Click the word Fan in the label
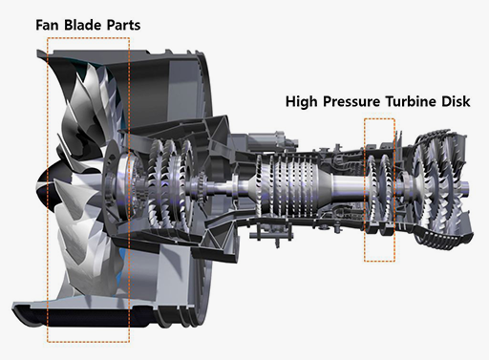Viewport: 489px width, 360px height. [x=47, y=25]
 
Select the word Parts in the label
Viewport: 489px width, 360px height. [x=123, y=25]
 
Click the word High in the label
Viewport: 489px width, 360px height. [x=302, y=102]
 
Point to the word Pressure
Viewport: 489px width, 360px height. [x=351, y=102]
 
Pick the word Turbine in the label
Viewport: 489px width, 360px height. [x=411, y=101]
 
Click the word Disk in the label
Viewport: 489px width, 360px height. [x=456, y=101]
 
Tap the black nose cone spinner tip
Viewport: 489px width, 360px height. [x=38, y=185]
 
